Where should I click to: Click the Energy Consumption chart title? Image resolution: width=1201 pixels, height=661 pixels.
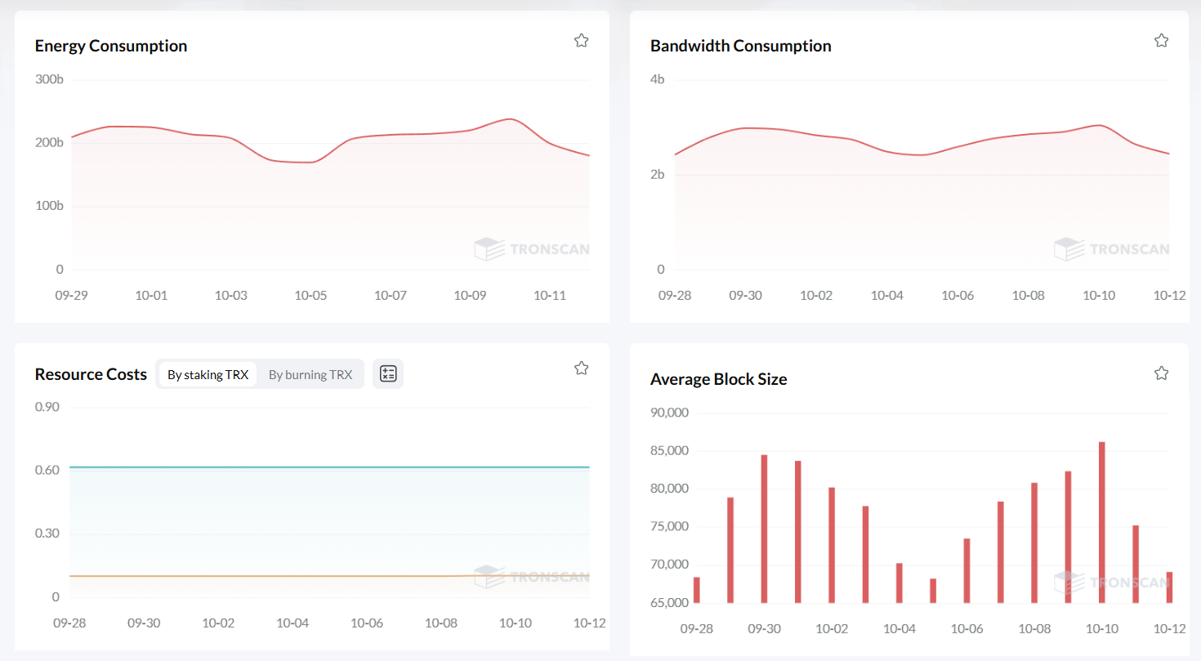111,46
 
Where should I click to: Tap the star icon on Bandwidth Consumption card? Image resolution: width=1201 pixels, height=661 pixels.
1161,41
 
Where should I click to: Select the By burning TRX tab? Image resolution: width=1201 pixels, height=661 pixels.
310,374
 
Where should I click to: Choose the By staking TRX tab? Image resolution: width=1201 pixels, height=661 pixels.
208,374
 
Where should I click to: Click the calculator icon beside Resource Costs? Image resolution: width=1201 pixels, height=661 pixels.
388,374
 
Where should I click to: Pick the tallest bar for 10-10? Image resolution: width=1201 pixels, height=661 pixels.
1101,522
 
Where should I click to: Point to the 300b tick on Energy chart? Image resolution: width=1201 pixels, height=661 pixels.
49,79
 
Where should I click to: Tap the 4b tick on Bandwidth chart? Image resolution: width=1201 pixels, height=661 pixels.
656,79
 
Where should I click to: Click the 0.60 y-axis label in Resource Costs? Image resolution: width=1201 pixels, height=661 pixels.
47,470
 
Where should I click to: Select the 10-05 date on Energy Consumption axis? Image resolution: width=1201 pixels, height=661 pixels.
310,295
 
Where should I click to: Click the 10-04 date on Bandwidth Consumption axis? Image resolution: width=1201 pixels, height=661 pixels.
886,295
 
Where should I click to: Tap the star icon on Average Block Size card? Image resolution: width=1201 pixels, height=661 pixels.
1161,373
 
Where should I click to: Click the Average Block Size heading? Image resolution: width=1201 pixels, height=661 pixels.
718,379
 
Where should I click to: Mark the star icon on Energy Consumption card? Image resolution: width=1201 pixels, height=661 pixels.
581,41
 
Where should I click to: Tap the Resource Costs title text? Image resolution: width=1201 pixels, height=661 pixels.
91,374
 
